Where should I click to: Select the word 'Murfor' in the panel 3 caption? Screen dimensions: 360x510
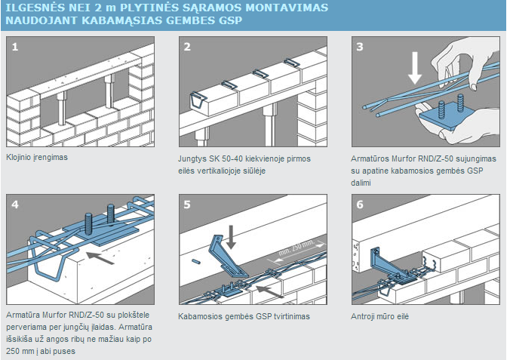pos(404,158)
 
